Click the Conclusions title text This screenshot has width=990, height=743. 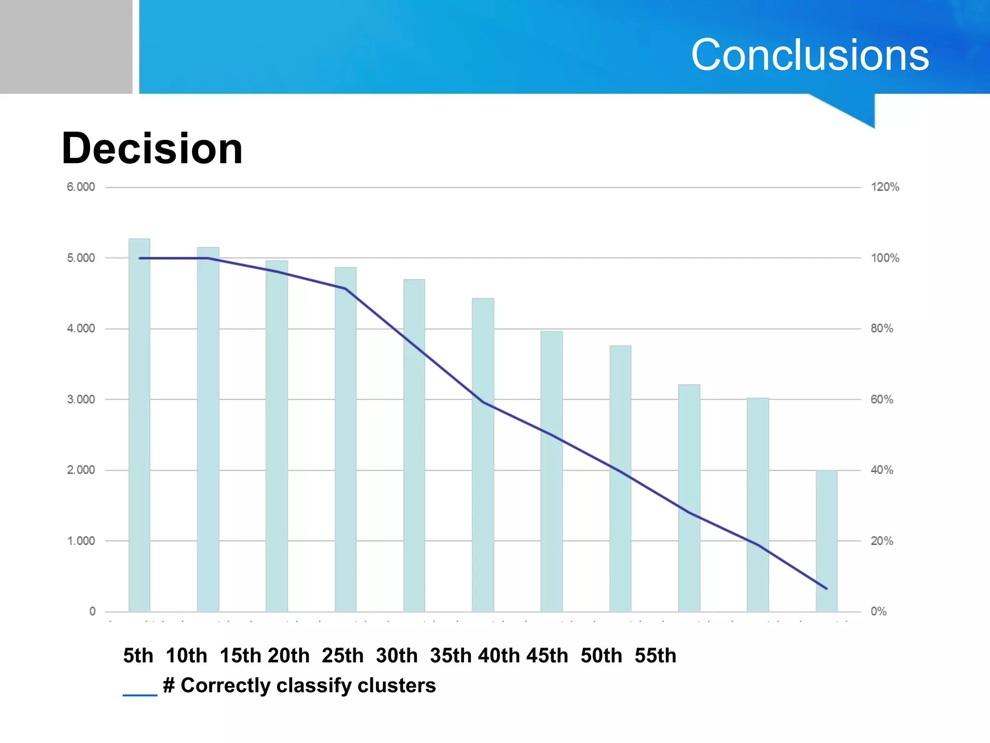coord(810,55)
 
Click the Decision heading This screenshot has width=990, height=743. coord(152,149)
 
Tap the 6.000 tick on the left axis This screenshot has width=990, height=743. coord(81,187)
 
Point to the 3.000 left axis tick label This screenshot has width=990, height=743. coord(81,400)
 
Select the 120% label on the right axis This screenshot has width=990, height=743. coord(885,187)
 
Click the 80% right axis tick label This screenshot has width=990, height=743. coord(882,328)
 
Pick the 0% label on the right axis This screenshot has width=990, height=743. coord(878,611)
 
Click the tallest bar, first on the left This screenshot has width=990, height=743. coord(139,426)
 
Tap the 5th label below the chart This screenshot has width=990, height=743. coord(138,656)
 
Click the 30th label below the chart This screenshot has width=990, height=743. coord(396,656)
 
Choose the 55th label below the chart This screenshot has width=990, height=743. coord(655,656)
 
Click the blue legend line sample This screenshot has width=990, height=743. coord(140,695)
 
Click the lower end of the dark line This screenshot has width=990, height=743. coord(826,588)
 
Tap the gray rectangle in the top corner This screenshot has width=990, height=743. coord(66,46)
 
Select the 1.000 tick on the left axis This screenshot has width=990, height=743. coord(81,541)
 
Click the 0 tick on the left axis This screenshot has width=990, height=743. coord(92,611)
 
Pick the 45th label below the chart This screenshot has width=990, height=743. coord(547,656)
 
